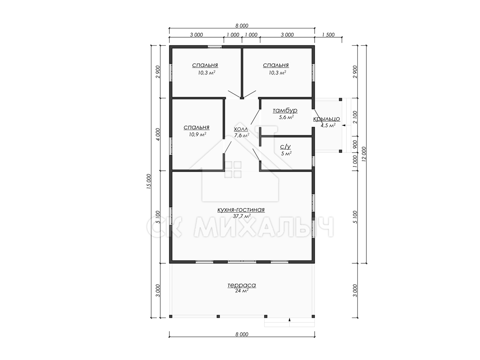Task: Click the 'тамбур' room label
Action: click(285, 111)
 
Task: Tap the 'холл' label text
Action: click(241, 129)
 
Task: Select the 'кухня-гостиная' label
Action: click(241, 210)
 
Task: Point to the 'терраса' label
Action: click(242, 285)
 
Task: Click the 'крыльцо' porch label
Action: click(326, 119)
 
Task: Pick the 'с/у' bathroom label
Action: click(285, 147)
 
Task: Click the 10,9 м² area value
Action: click(198, 134)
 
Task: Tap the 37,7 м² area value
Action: click(242, 216)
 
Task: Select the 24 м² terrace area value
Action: click(242, 291)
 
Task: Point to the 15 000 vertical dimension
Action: click(149, 181)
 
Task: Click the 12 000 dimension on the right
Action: click(364, 154)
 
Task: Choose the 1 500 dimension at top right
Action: click(328, 35)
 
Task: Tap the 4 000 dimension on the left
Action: click(158, 134)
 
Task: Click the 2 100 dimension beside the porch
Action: click(355, 117)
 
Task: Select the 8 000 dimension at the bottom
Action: click(242, 334)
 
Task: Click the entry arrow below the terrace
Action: click(290, 320)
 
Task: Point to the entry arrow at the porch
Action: click(344, 126)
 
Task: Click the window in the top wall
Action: click(214, 46)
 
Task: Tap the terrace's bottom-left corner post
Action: click(171, 316)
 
